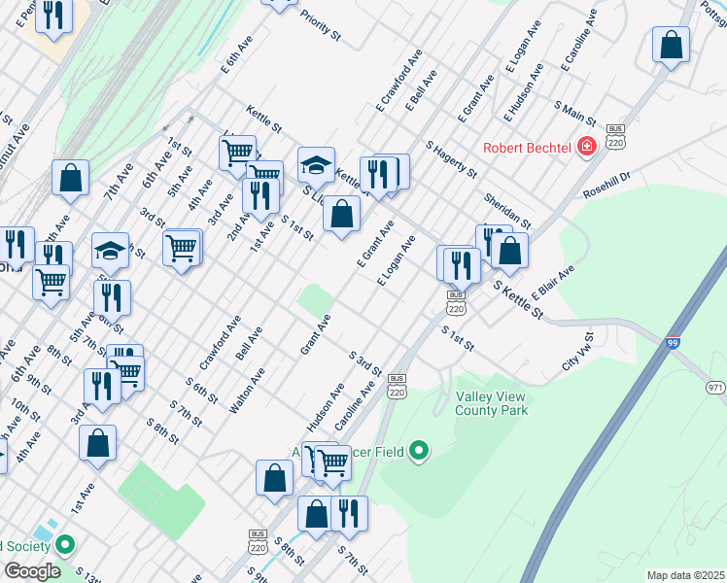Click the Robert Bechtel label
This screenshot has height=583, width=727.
(x=531, y=149)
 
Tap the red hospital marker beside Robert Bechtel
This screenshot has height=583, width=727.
(x=586, y=148)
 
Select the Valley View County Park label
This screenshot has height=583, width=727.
(x=492, y=404)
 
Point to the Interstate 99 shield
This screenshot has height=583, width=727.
(x=673, y=343)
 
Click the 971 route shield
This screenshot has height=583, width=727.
(x=714, y=388)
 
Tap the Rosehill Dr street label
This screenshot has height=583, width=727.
(x=607, y=187)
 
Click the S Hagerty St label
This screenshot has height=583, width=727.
(x=452, y=159)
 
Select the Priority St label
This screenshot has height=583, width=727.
(x=321, y=26)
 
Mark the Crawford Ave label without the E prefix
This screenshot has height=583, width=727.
(x=220, y=342)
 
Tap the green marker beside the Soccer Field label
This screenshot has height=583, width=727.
(x=419, y=451)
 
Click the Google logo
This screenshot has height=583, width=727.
(x=32, y=571)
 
